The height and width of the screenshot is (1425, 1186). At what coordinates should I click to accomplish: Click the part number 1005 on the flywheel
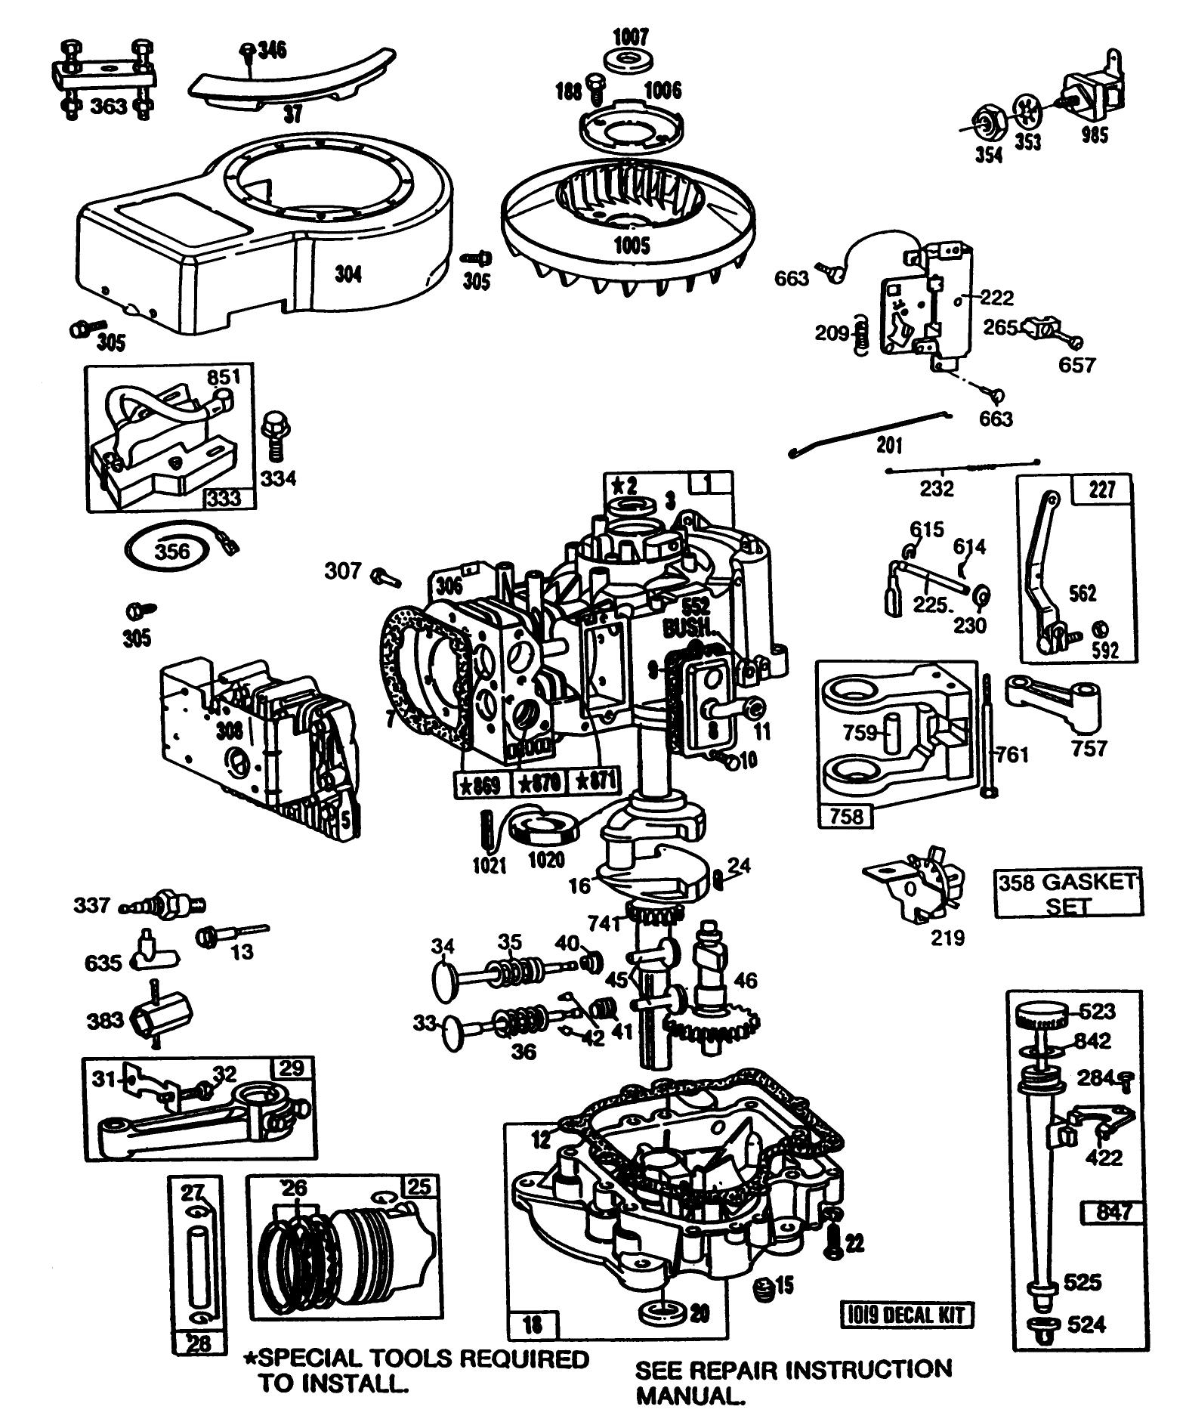(x=632, y=245)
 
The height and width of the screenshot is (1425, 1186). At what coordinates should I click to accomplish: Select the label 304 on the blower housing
(x=347, y=274)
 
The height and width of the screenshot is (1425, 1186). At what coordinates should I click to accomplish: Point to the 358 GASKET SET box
(x=1067, y=892)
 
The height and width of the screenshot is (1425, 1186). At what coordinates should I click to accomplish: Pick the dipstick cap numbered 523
(x=1039, y=1012)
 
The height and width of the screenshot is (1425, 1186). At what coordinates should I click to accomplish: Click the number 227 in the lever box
(x=1103, y=490)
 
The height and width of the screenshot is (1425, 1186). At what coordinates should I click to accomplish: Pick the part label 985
(x=1095, y=136)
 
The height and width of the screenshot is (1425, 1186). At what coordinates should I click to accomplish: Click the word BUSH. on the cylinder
(x=686, y=629)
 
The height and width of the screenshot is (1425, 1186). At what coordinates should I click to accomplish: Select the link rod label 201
(x=889, y=444)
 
